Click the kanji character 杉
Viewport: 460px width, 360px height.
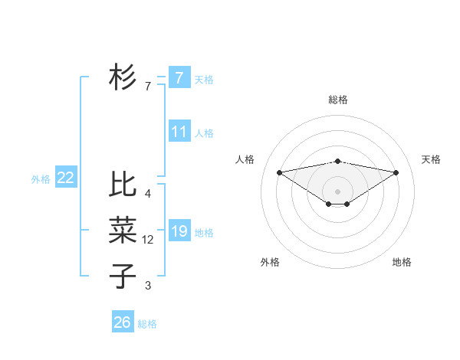[x=123, y=77]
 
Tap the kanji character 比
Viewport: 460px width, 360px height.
[x=123, y=185]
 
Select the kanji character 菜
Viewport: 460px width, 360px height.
[x=123, y=231]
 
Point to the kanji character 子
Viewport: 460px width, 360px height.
[x=123, y=277]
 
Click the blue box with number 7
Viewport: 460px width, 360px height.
[x=179, y=77]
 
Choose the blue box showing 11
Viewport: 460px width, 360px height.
[x=179, y=131]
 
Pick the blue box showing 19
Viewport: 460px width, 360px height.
[x=179, y=231]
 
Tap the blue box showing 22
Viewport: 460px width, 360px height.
[x=65, y=178]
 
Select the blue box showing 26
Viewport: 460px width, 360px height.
[x=123, y=322]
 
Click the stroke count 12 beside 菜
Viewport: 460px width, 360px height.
[x=148, y=240]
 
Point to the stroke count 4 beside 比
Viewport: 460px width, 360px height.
[x=148, y=194]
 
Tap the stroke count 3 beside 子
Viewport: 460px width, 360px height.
[x=148, y=286]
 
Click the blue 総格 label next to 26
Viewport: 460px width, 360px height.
[x=147, y=324]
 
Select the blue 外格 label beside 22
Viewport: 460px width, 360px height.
[x=41, y=179]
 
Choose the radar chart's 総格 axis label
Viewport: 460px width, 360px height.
[x=338, y=100]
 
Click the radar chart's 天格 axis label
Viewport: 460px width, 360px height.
[x=432, y=159]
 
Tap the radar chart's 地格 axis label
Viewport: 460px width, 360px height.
[x=402, y=262]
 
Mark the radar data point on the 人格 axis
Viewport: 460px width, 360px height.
[x=279, y=172]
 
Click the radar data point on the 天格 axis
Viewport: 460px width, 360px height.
[x=396, y=172]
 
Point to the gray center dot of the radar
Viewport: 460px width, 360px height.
[x=337, y=191]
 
